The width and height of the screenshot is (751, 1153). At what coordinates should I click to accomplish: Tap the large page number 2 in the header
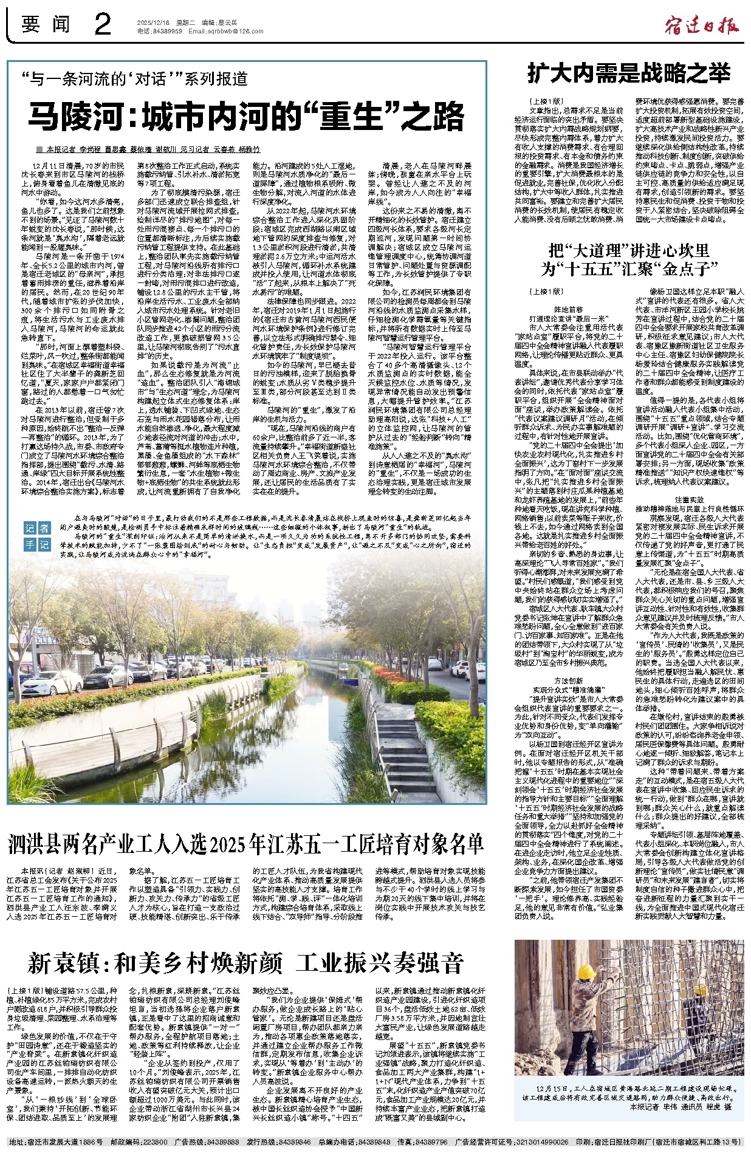point(103,25)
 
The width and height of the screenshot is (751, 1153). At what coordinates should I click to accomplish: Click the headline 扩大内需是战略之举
point(628,74)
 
